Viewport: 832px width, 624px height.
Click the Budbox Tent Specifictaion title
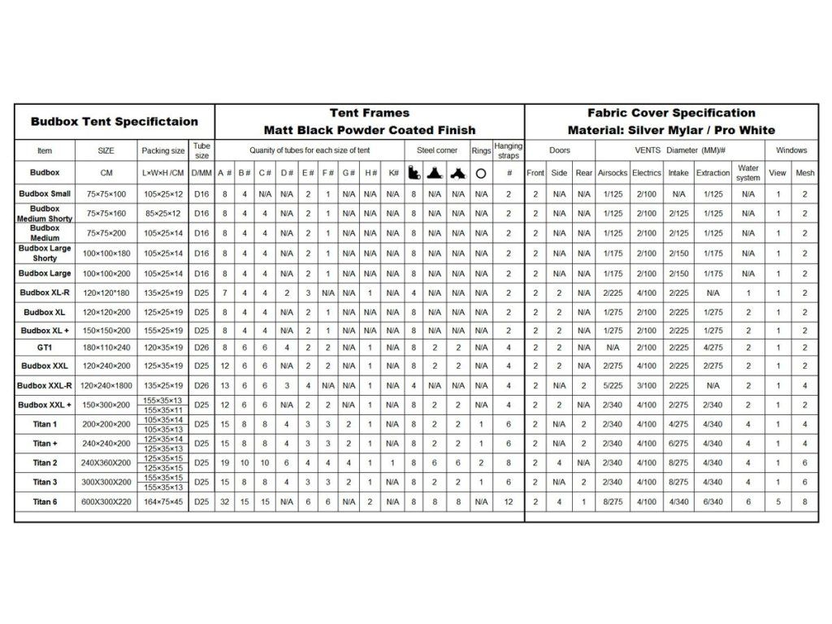[115, 122]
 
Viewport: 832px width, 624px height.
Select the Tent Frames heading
[370, 113]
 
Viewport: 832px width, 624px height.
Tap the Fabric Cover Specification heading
[671, 113]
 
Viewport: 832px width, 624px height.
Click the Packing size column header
[163, 150]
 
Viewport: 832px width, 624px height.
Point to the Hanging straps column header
[509, 150]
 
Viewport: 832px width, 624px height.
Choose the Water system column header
[748, 173]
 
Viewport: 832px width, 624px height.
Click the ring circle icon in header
[481, 173]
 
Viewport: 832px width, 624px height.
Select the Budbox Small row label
[45, 194]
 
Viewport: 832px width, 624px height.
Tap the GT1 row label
[45, 347]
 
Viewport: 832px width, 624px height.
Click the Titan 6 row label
[45, 502]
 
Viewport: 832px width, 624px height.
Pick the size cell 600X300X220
[107, 502]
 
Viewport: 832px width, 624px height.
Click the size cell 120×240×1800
[107, 386]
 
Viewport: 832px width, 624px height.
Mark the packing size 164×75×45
[163, 502]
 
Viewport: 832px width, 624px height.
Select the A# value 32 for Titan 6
[225, 502]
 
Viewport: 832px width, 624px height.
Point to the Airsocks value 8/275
[613, 502]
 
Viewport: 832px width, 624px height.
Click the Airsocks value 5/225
[613, 386]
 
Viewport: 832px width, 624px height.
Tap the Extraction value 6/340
[713, 502]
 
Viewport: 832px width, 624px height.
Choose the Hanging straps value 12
[509, 502]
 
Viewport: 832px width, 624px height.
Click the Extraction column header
[713, 173]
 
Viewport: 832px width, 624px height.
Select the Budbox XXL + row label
[45, 405]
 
